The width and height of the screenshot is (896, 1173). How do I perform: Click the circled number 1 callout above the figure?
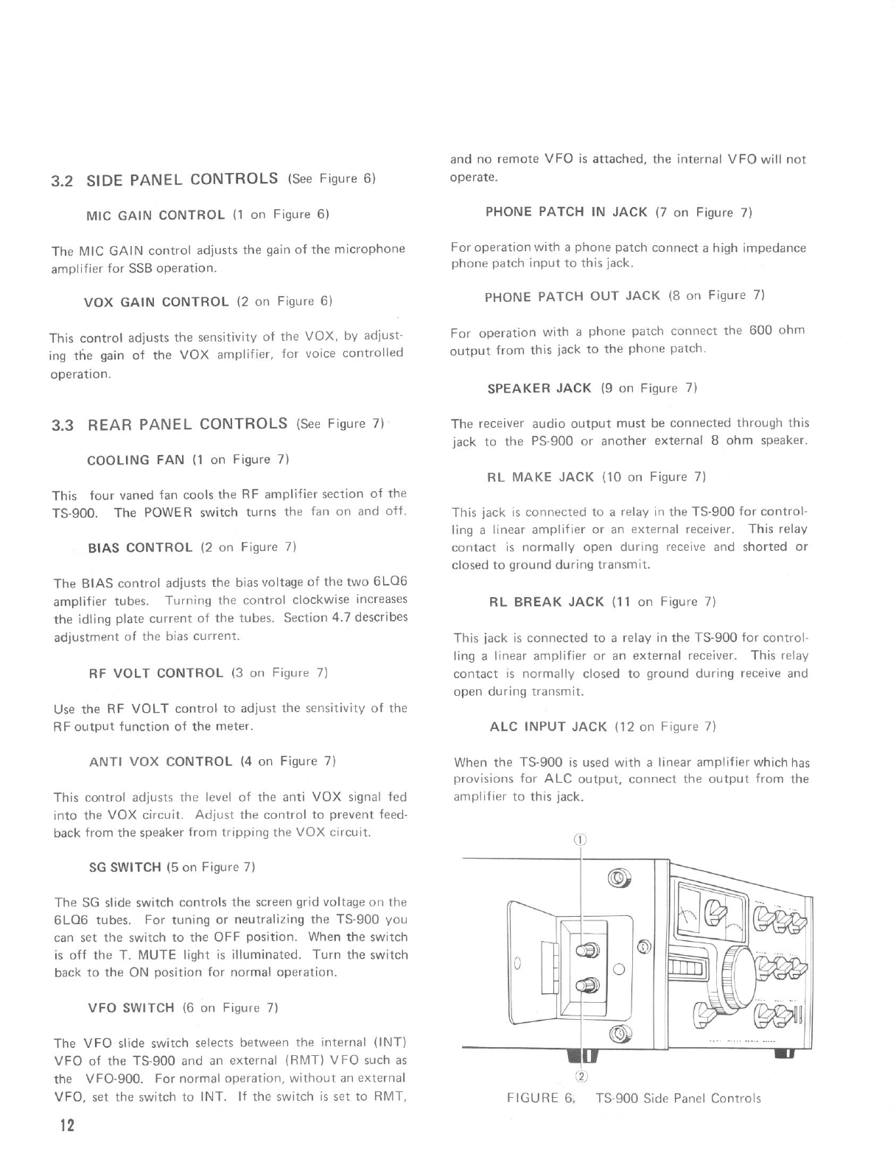581,839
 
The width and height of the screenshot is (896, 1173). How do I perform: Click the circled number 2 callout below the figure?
581,1077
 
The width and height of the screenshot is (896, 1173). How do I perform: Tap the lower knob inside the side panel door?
589,985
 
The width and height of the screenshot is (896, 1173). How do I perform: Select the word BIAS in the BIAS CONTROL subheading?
105,548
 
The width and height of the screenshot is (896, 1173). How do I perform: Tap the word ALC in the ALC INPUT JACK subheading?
504,727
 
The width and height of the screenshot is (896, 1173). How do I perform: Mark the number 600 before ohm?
760,331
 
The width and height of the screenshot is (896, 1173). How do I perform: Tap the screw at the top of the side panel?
620,878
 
